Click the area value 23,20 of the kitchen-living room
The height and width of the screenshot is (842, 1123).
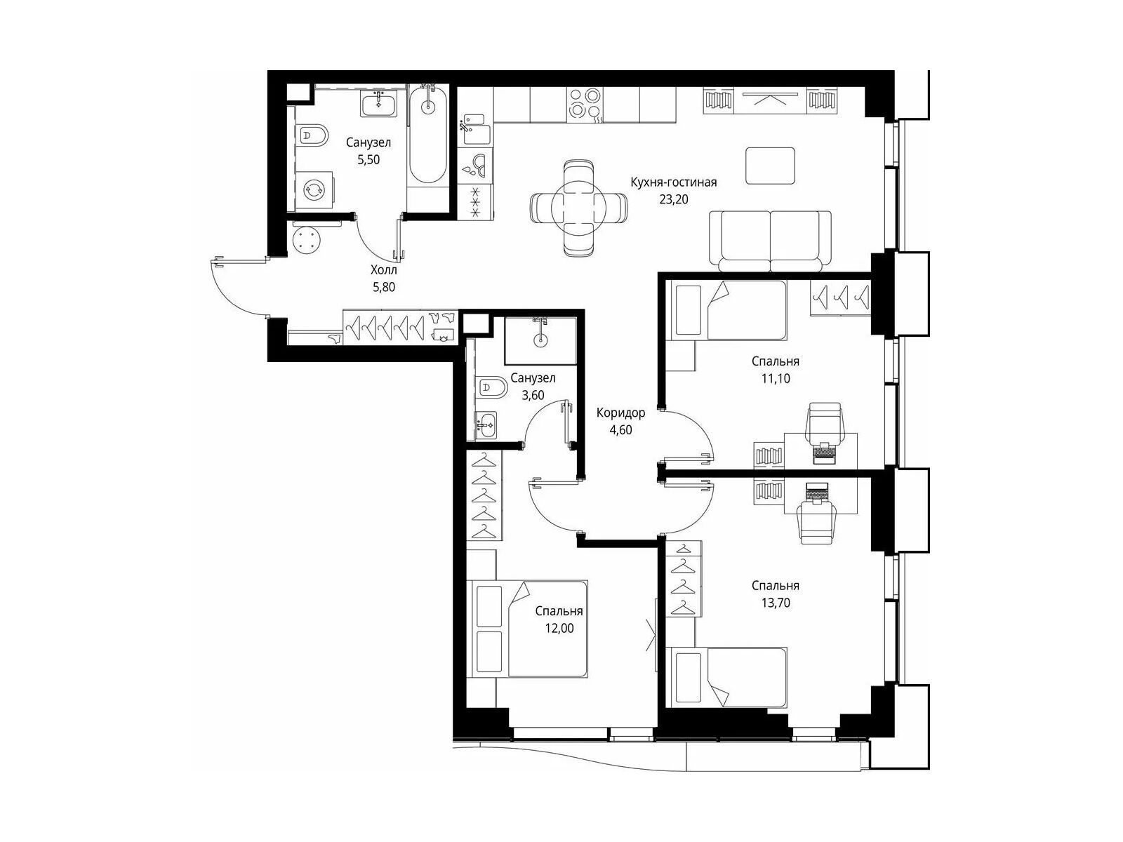click(673, 199)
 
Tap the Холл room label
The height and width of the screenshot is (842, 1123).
click(384, 269)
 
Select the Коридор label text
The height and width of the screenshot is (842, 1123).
click(620, 413)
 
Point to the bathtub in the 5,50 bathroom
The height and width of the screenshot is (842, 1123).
click(427, 135)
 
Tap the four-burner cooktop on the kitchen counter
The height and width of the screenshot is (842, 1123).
click(585, 104)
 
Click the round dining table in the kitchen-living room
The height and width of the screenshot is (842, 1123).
click(578, 207)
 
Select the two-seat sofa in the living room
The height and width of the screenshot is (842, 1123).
click(770, 241)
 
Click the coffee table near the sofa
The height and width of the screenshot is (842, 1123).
click(770, 166)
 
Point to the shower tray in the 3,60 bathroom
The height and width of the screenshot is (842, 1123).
click(540, 340)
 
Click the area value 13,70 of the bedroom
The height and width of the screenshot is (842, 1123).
click(776, 603)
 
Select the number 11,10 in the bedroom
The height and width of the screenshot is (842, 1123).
click(776, 378)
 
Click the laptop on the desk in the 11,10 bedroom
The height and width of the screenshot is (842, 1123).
click(824, 452)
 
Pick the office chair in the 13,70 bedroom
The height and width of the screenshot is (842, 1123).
click(818, 523)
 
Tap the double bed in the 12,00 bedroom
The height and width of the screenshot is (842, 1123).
click(528, 628)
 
